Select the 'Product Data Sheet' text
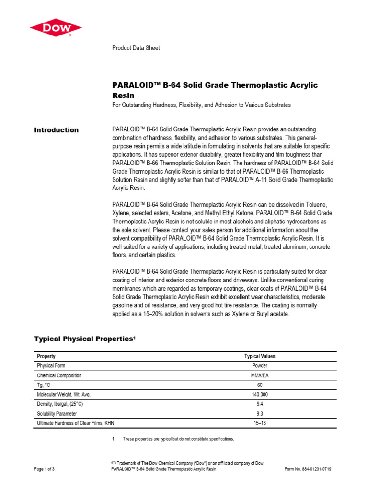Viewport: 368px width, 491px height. (136, 48)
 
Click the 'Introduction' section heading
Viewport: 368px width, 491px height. (56, 130)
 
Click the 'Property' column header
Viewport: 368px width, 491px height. (46, 356)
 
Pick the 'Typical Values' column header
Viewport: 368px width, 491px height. (260, 356)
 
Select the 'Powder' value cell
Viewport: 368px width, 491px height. (260, 366)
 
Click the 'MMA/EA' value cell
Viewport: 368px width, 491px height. (260, 375)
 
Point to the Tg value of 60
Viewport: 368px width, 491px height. (260, 385)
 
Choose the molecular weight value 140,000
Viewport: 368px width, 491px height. (260, 394)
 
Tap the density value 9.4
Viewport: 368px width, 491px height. (260, 404)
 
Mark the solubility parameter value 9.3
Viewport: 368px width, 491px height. (260, 413)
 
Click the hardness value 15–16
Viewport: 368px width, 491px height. (260, 423)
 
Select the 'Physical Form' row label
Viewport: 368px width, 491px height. (51, 366)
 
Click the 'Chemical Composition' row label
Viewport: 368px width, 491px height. (59, 375)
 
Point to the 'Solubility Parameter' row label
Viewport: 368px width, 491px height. (57, 413)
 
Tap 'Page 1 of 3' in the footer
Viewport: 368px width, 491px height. (44, 469)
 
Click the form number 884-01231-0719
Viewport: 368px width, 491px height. (308, 469)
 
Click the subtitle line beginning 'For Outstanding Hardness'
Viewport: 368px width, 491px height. (201, 105)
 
